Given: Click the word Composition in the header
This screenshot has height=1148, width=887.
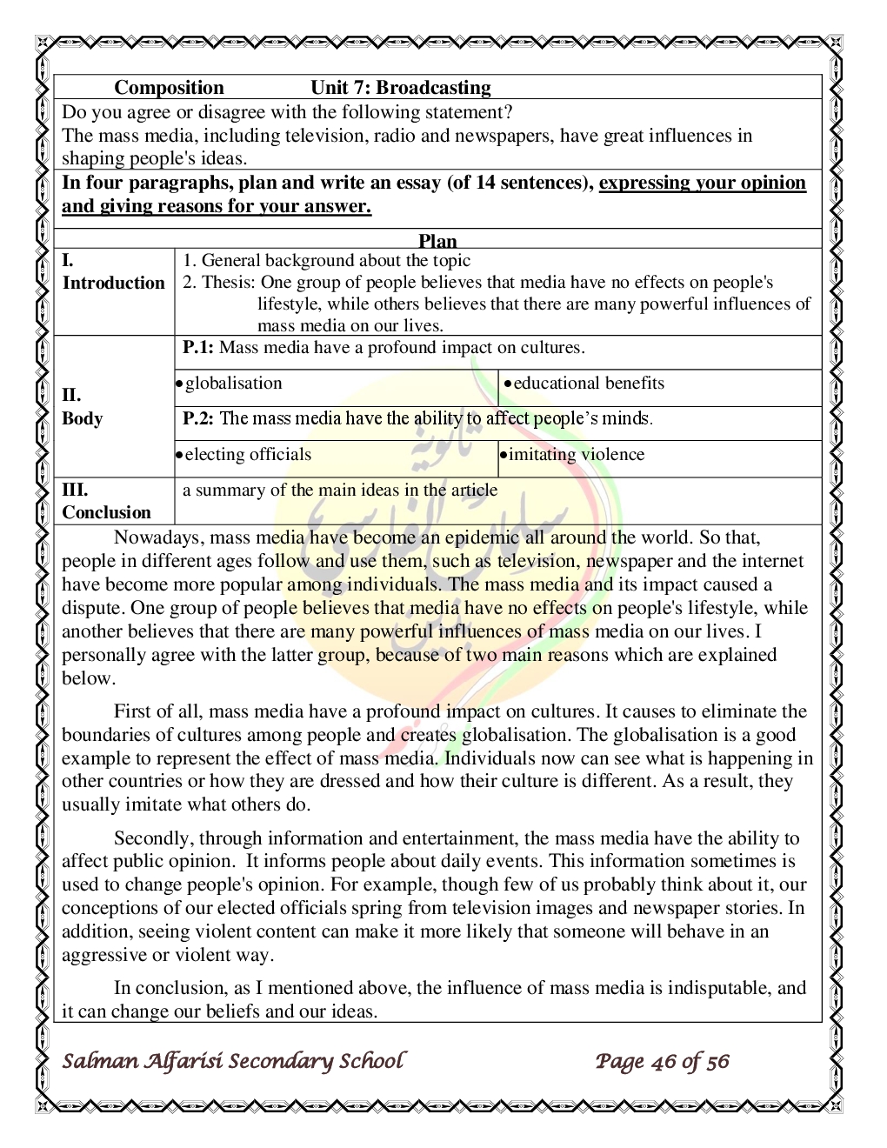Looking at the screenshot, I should [169, 88].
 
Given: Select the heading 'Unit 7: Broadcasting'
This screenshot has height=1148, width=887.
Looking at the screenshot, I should [400, 88].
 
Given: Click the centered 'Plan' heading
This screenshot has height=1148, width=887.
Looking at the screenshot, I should [437, 241].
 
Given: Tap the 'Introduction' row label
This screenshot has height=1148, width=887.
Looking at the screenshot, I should [113, 283].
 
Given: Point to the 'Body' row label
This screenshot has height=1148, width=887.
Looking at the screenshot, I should [82, 418].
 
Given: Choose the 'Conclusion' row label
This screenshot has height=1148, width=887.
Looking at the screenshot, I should [106, 512].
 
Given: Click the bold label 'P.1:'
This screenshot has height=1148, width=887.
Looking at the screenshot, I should [198, 348].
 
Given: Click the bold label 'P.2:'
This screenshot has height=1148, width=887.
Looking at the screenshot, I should [198, 418].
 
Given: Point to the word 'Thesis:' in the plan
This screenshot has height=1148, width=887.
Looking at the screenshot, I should [229, 283].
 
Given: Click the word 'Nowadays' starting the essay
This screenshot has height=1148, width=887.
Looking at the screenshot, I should [157, 537].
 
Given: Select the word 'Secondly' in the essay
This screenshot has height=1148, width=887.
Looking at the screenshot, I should [152, 838].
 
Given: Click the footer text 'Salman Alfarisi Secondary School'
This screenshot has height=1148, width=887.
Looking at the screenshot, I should [233, 1061].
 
